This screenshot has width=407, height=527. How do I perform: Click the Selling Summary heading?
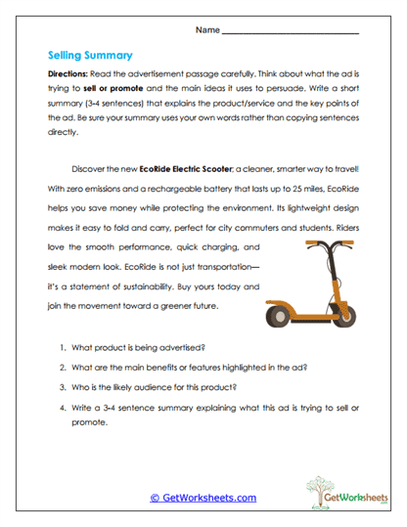click(x=90, y=56)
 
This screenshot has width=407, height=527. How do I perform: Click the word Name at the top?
click(x=207, y=30)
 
